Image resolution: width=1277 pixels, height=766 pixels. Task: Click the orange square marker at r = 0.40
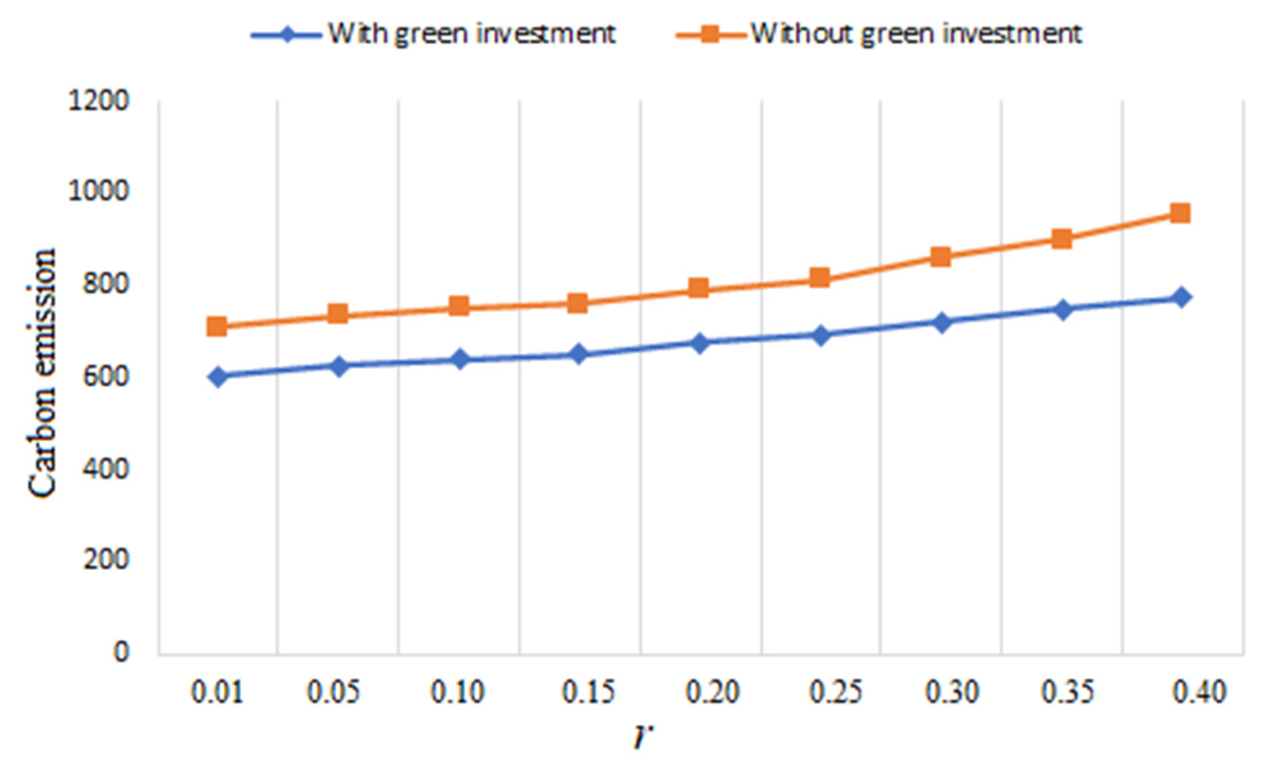1180,213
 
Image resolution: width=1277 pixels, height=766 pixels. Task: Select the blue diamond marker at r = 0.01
218,377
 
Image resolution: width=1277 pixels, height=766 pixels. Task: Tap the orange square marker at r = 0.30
940,256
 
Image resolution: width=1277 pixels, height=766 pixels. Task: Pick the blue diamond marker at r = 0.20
699,343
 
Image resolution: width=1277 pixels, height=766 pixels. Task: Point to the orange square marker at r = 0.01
216,327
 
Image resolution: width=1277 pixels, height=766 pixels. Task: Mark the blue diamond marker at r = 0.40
1181,297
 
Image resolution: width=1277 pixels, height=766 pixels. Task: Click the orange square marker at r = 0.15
577,303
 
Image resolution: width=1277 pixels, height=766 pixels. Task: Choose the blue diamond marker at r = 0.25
821,335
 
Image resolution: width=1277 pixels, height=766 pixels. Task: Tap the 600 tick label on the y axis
105,377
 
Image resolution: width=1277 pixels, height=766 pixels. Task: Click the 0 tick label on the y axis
121,652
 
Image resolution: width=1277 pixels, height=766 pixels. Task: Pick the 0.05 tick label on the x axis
333,692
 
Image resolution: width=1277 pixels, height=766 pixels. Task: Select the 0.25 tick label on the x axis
835,692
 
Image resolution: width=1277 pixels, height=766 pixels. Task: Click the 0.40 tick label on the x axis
1199,692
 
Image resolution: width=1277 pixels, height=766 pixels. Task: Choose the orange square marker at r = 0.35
1061,239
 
